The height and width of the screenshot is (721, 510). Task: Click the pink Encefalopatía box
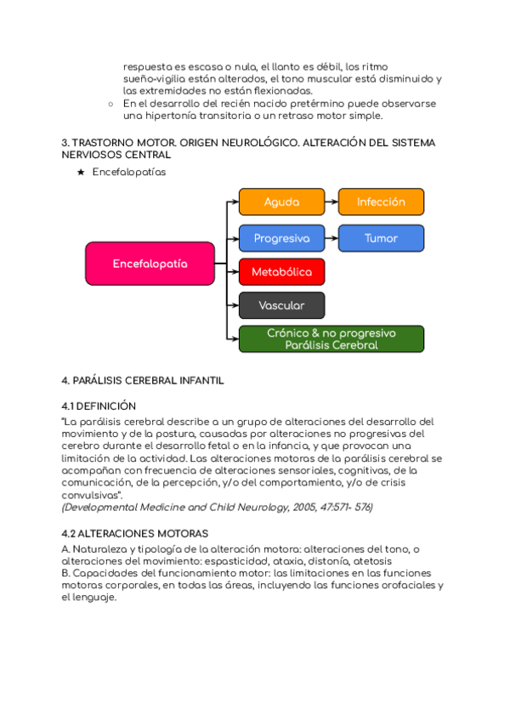click(x=150, y=264)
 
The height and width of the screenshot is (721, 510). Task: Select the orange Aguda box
click(x=282, y=202)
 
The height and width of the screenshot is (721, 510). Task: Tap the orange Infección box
click(x=381, y=202)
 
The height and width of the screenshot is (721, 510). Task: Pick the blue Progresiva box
click(x=281, y=238)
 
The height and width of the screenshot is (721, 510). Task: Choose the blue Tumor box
click(x=381, y=238)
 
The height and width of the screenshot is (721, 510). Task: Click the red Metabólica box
click(x=281, y=272)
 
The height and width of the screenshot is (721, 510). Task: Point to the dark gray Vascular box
click(x=281, y=305)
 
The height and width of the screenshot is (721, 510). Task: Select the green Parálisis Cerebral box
click(x=331, y=339)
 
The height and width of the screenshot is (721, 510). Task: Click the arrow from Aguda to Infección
click(x=331, y=202)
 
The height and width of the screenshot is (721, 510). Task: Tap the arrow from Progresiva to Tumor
click(x=331, y=238)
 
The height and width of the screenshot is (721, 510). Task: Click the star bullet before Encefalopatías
click(x=81, y=172)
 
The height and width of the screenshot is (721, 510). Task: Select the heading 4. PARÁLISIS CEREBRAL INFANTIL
click(x=143, y=380)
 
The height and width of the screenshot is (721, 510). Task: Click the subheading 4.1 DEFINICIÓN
click(x=99, y=406)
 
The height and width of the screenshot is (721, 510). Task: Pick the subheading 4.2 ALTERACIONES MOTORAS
click(x=134, y=533)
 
